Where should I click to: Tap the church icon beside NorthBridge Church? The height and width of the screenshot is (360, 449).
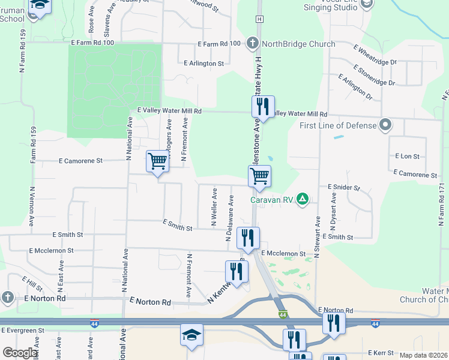(253, 43)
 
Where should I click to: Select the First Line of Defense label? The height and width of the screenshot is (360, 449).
(338, 125)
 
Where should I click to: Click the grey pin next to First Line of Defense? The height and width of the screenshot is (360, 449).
(385, 125)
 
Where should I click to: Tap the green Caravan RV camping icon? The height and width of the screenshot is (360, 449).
(304, 199)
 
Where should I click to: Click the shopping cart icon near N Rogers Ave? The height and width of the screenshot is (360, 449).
(157, 161)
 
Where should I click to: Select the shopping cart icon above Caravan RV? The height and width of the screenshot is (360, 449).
(259, 176)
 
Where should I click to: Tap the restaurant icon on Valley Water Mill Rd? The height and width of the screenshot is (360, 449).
(263, 107)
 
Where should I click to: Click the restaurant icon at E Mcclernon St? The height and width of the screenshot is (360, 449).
(248, 238)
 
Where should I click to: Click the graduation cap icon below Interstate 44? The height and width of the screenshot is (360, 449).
(192, 335)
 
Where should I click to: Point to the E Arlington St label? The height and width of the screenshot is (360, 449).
(204, 63)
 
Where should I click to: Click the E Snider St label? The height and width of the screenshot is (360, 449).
(343, 187)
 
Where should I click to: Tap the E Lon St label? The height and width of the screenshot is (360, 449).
(407, 156)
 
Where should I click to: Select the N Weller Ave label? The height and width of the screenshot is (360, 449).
(214, 207)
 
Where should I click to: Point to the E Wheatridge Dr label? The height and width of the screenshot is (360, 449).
(376, 55)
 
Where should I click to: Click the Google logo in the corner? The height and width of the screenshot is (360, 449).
(20, 353)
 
